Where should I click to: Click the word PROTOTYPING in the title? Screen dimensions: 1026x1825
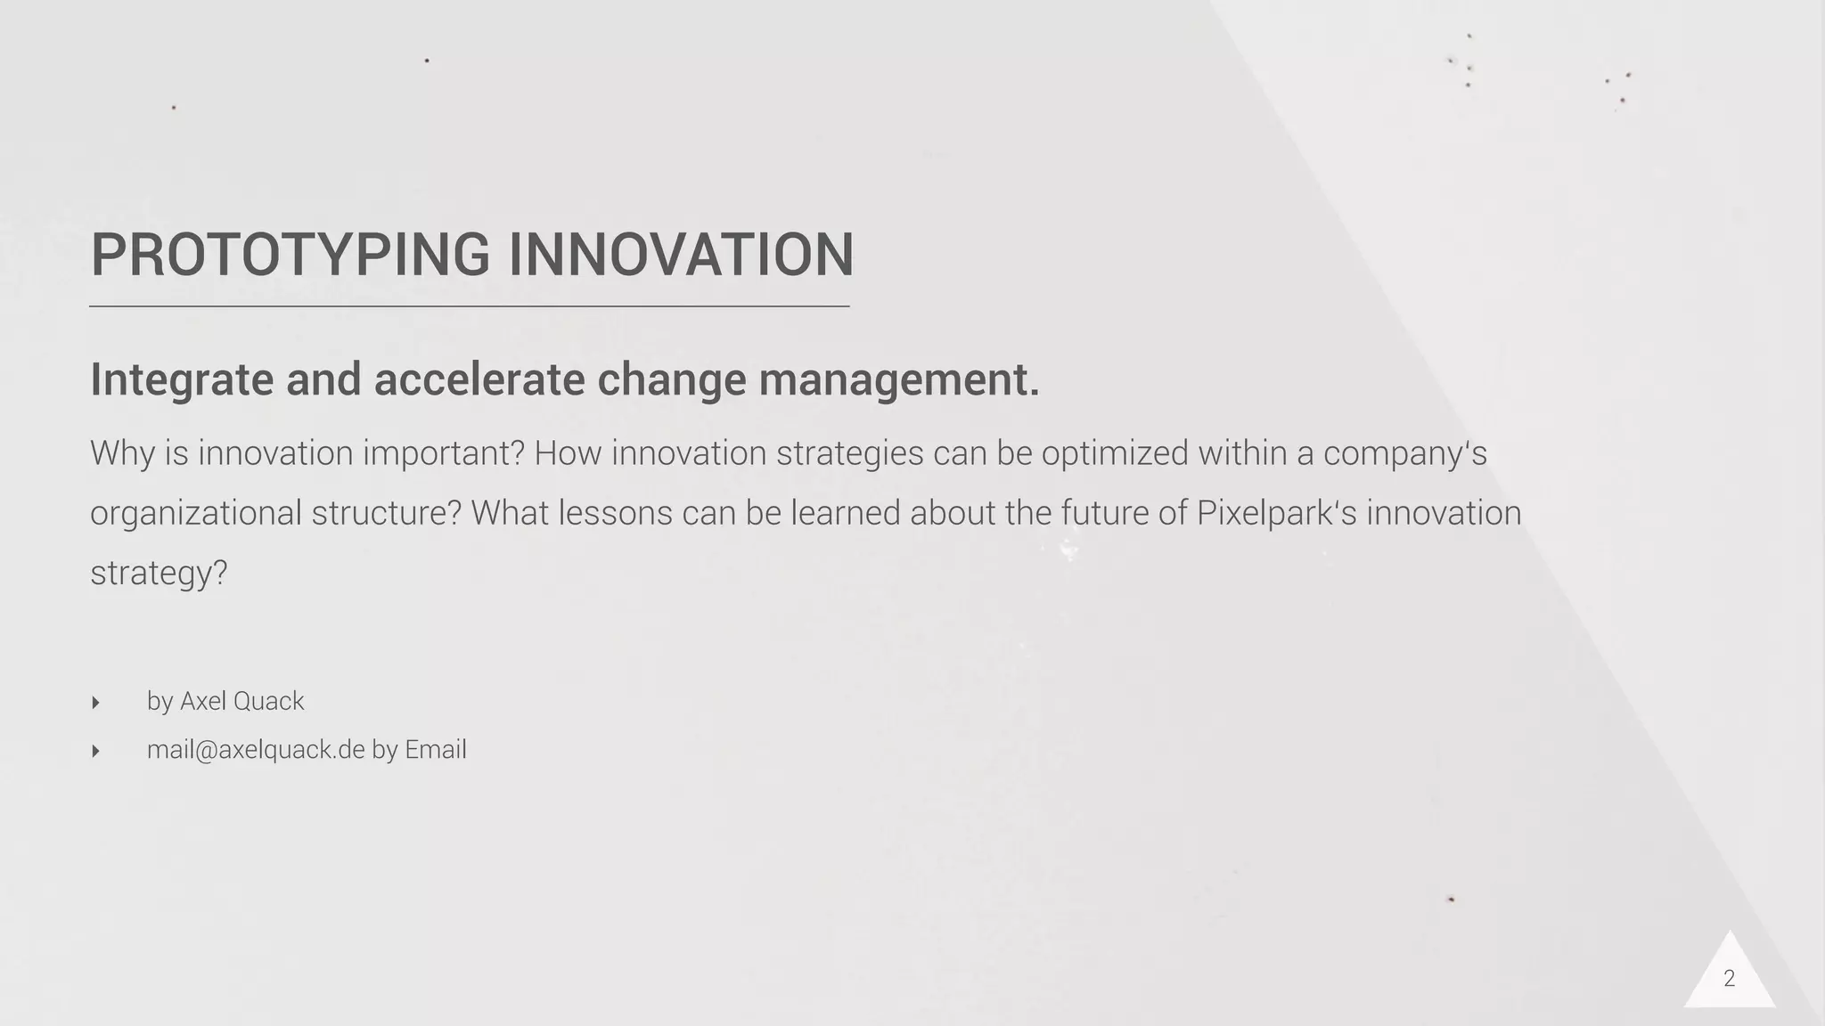(291, 255)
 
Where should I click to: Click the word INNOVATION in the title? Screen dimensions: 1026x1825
(682, 255)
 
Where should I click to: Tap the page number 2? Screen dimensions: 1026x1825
(1729, 979)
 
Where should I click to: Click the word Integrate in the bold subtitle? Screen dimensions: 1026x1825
(182, 380)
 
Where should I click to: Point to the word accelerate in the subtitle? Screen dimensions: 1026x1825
(479, 380)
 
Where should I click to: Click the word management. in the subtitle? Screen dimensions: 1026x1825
(899, 380)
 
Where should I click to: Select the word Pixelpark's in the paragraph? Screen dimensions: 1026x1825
(1276, 513)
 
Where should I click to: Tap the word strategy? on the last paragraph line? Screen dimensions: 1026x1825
(159, 573)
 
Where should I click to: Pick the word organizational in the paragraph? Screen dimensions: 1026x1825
(195, 514)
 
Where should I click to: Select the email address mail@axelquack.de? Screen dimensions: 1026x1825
(256, 750)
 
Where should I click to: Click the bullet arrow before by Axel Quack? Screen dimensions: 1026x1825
(95, 703)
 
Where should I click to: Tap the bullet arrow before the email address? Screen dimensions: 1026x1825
(95, 751)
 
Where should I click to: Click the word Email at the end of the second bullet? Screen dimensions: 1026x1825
(435, 750)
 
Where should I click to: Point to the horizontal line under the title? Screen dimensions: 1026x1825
(469, 306)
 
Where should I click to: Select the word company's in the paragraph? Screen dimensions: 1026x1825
(1404, 454)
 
